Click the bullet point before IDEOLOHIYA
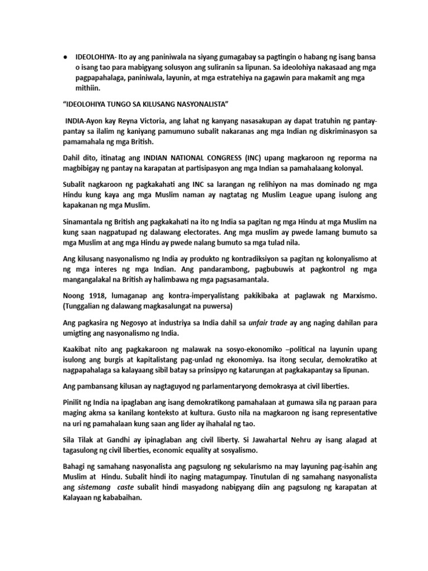point(65,57)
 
